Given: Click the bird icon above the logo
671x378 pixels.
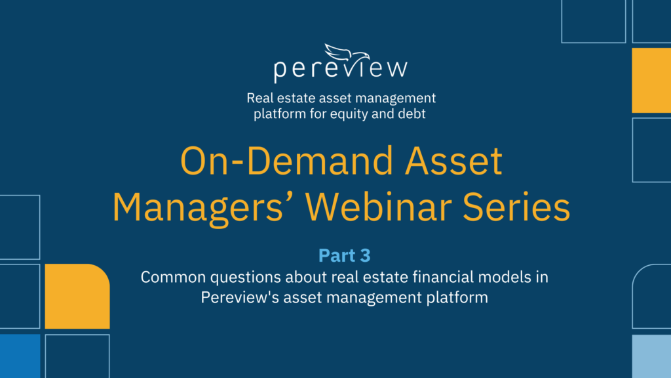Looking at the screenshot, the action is [347, 53].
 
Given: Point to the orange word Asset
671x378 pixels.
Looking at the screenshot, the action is [453, 161].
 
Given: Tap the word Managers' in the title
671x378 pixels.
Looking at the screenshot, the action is [204, 207].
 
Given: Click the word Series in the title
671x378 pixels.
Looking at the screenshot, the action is [516, 207].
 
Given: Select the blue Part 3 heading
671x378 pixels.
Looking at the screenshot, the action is [345, 255].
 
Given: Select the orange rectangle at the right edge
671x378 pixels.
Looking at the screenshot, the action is [651, 80].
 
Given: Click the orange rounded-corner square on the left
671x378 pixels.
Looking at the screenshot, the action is [77, 296].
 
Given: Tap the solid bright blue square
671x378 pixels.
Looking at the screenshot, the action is [20, 356].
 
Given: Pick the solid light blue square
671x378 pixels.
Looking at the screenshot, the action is [651, 356].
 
